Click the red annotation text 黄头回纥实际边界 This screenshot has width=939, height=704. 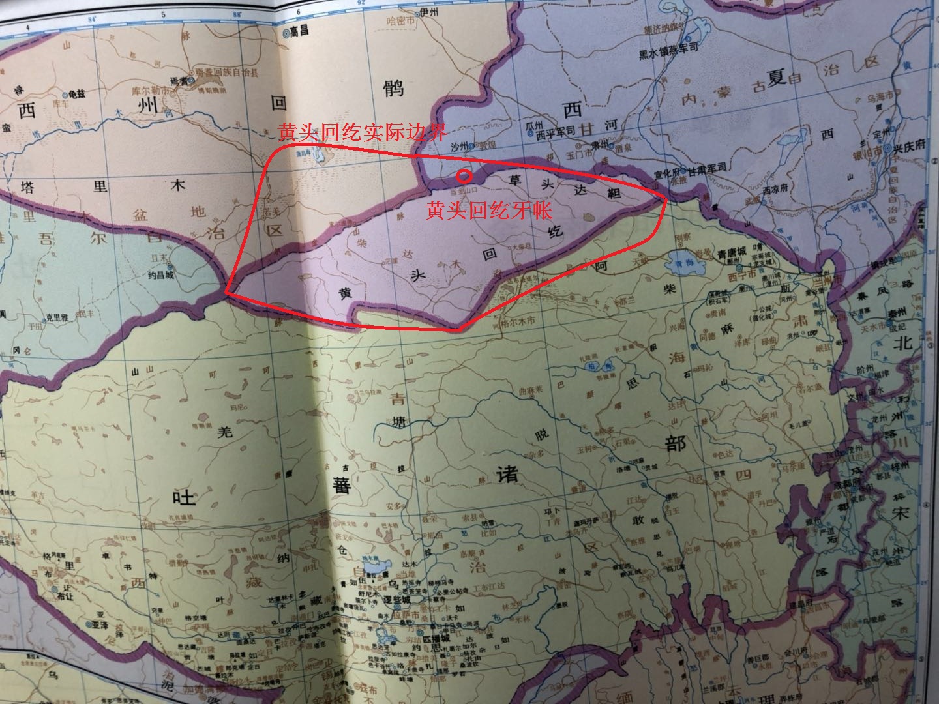[362, 133]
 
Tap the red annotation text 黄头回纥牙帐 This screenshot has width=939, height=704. [489, 211]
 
